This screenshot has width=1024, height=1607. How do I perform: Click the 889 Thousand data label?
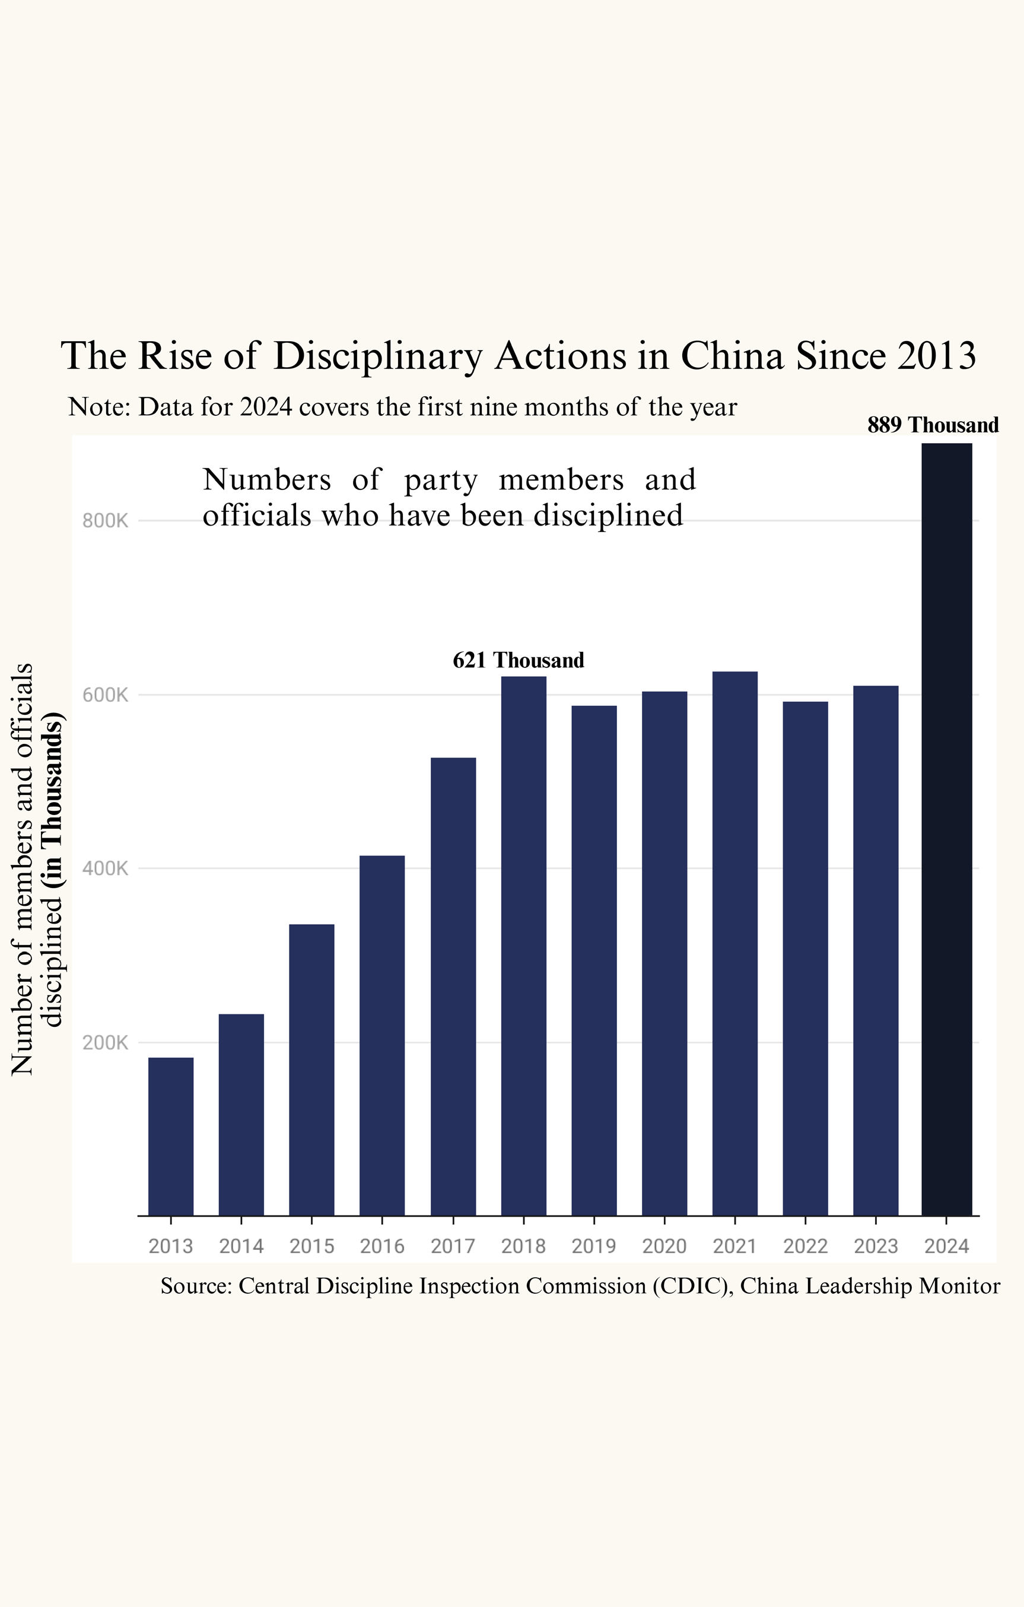[x=933, y=425]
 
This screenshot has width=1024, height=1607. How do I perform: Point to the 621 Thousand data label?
[x=518, y=660]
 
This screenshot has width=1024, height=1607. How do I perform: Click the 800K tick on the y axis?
[x=105, y=521]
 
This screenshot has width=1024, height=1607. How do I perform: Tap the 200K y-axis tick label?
[x=105, y=1043]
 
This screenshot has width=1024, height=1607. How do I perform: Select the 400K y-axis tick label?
[x=105, y=869]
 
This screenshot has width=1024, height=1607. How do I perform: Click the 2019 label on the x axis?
[x=594, y=1246]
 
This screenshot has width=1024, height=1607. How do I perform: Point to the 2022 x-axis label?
[x=805, y=1246]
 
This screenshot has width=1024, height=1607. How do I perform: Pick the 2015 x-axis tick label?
[x=311, y=1246]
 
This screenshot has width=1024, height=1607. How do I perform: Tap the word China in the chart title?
[x=732, y=356]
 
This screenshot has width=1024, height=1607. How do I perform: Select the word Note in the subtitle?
[x=98, y=407]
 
